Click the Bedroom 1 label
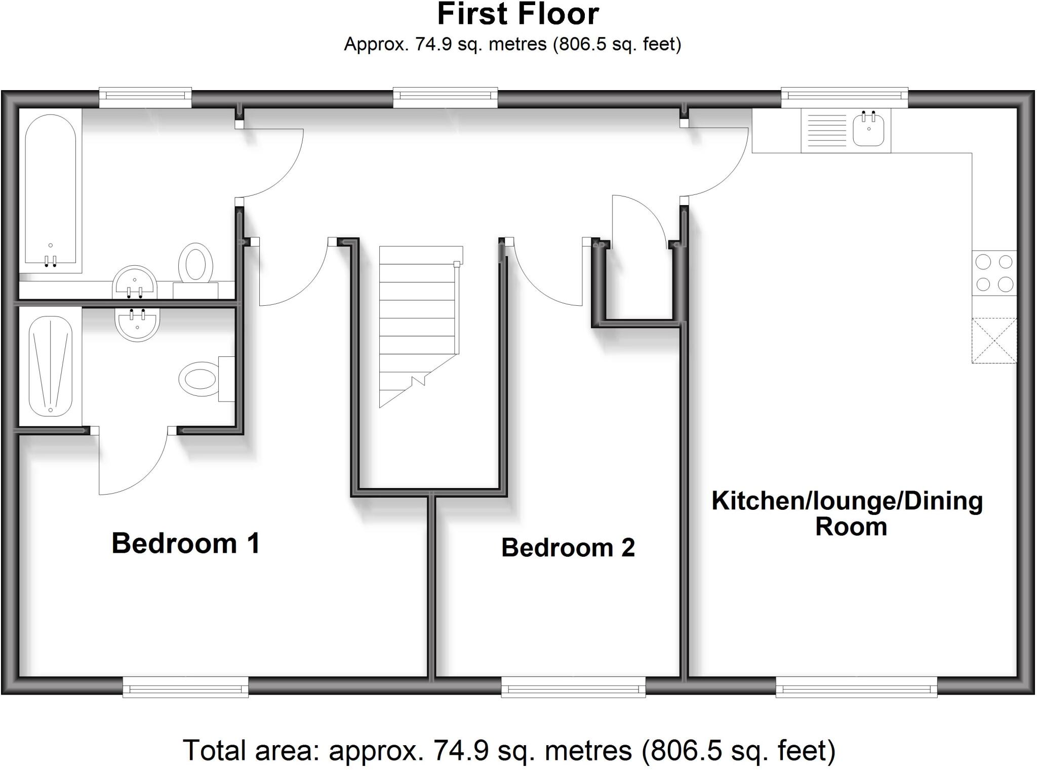coord(186,543)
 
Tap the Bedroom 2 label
coord(568,547)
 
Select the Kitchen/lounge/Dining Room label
coord(847,513)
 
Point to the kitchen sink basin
coord(868,130)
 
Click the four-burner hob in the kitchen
coord(994,273)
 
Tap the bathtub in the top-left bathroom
coord(51,190)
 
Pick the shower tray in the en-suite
coord(51,367)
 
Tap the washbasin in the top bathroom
coord(135,282)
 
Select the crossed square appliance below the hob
coord(994,340)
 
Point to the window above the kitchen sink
coord(844,97)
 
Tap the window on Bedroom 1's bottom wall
coord(185,689)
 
